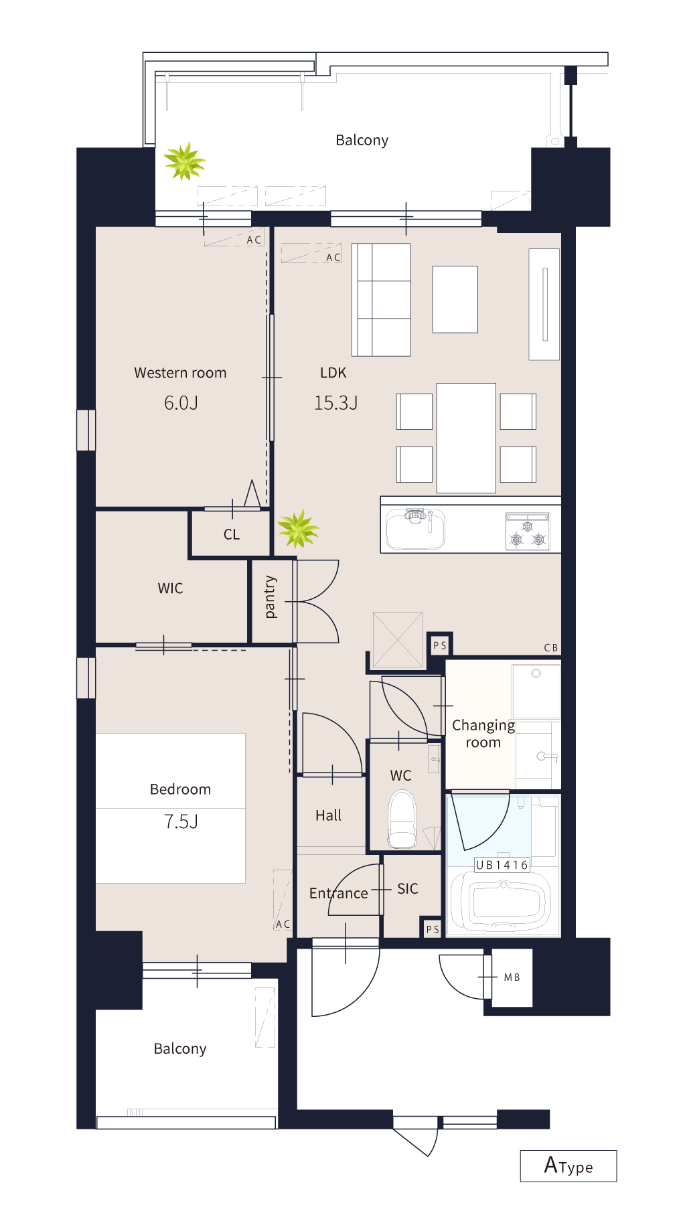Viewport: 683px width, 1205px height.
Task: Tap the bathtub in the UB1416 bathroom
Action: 502,900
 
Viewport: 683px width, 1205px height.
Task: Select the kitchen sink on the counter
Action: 415,529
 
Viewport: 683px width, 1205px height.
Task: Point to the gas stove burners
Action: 528,532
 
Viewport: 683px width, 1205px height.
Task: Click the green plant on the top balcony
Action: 184,161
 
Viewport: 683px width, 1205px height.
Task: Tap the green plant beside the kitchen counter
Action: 298,529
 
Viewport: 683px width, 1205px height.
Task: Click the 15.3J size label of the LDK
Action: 336,403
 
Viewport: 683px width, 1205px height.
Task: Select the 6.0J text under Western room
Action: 181,403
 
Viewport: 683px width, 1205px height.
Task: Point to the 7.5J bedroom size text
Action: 181,821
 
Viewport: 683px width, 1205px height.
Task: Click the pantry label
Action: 270,596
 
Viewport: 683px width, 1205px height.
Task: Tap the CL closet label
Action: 232,534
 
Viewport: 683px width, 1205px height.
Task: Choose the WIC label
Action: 170,588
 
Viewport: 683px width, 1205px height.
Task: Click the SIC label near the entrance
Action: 407,888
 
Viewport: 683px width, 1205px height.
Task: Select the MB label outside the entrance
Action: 512,977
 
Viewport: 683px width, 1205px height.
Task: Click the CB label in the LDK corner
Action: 551,647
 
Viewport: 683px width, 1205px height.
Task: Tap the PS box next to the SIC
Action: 433,929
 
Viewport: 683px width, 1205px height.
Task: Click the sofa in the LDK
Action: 381,299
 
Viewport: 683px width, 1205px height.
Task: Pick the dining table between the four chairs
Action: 466,438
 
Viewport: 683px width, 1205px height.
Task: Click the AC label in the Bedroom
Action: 283,924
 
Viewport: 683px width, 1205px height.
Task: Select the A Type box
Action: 568,1166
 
